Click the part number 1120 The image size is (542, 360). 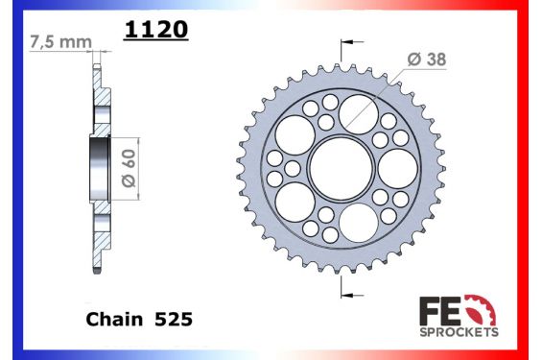155,30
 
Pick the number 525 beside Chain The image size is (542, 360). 173,318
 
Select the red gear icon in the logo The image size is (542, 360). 485,309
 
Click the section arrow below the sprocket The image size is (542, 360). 351,285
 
